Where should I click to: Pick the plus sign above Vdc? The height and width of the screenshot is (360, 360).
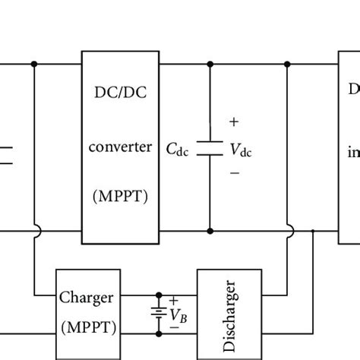(233, 122)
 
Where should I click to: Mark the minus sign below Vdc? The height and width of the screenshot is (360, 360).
(233, 174)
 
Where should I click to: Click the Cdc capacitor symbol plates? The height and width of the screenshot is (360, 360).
(209, 147)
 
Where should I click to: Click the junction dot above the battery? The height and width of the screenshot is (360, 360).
(159, 295)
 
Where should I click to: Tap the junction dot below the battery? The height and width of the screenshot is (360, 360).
(159, 333)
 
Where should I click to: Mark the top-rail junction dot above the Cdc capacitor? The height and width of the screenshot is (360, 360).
(209, 65)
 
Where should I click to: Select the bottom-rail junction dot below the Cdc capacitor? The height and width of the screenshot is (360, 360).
(209, 229)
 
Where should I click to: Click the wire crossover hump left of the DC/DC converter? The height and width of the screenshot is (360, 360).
(35, 229)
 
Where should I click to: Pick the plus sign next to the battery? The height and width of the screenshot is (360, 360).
(173, 301)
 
